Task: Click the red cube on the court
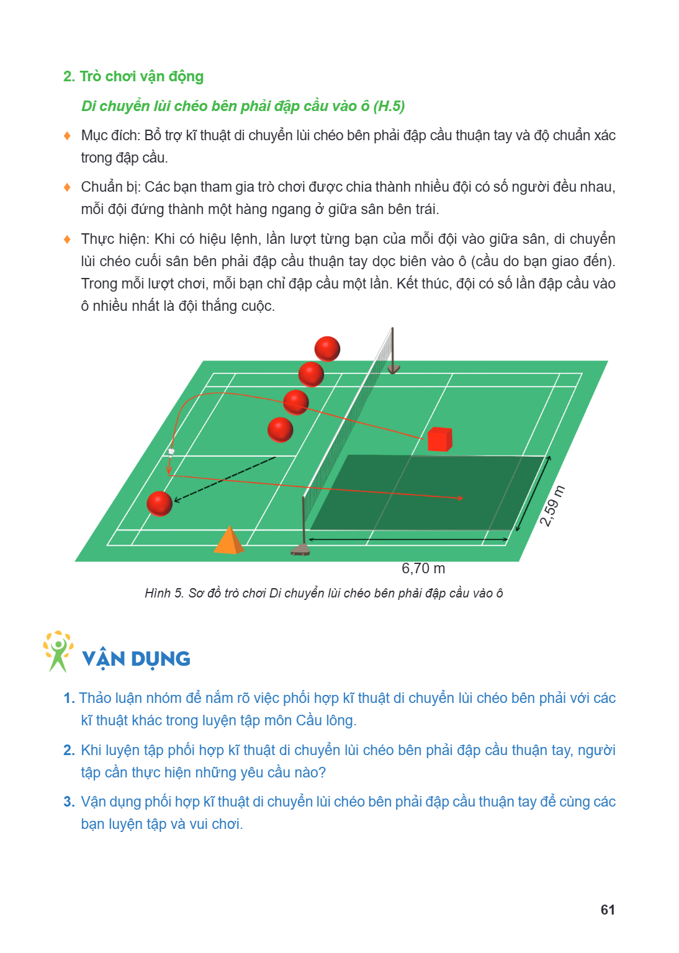440,439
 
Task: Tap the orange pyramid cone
228,540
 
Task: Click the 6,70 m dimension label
423,568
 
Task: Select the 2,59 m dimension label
552,506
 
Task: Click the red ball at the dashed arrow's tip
160,504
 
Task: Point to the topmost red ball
327,349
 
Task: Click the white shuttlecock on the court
171,452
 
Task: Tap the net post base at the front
300,550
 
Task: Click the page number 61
608,910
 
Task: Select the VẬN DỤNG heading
136,659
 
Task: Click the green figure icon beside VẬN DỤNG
58,651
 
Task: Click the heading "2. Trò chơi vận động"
133,76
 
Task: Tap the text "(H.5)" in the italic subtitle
389,106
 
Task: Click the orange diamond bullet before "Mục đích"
67,136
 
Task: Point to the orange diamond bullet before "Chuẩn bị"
67,187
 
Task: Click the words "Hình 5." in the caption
164,593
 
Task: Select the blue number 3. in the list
69,802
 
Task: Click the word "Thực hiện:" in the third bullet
115,239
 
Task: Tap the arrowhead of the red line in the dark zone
460,498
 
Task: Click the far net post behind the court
393,351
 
